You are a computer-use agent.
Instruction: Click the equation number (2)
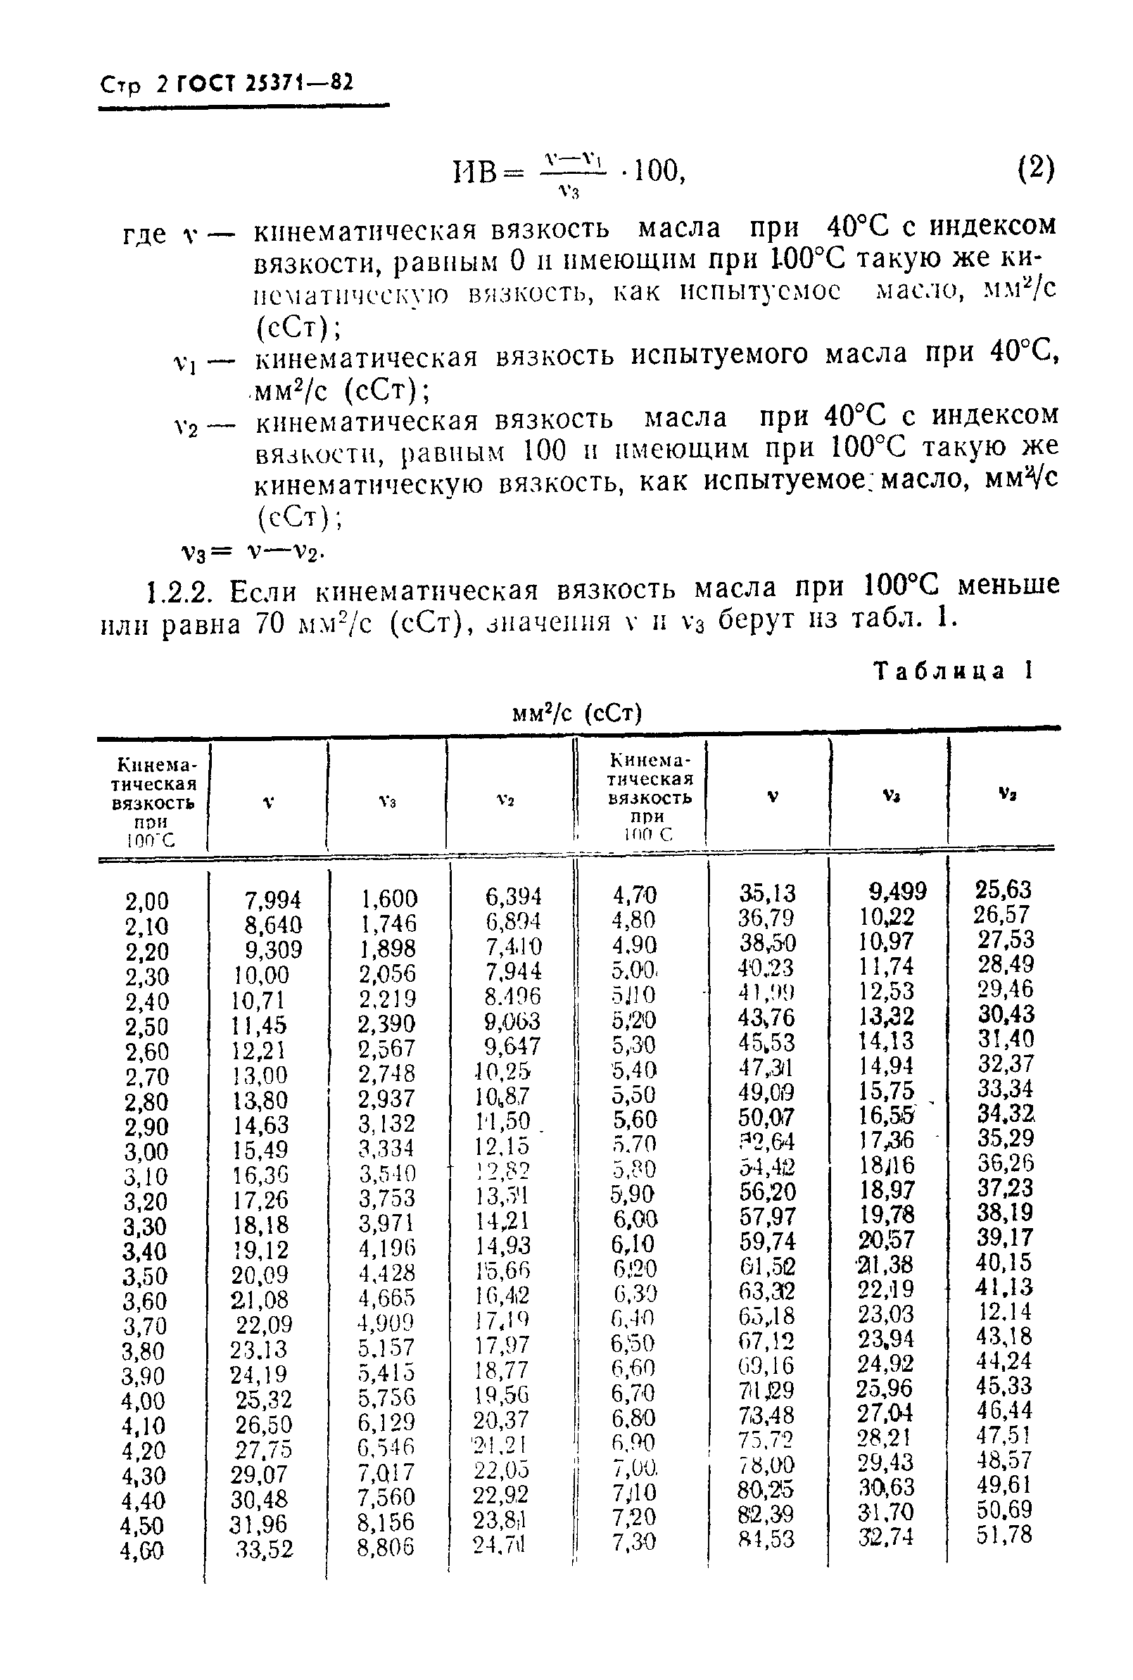click(x=1035, y=170)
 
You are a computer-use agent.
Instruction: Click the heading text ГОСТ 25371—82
click(x=262, y=83)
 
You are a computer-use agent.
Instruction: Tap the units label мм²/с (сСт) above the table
click(x=576, y=713)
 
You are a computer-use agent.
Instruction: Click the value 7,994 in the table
click(x=272, y=899)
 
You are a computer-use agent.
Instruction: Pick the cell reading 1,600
click(x=388, y=898)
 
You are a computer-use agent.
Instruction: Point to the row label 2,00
click(x=146, y=901)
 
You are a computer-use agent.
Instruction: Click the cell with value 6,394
click(x=513, y=896)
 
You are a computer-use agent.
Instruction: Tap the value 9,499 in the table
click(x=897, y=892)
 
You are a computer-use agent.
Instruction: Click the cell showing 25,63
click(x=1004, y=889)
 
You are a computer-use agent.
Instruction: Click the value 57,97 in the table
click(x=767, y=1216)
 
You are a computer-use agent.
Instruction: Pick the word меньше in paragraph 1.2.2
click(x=1008, y=585)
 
